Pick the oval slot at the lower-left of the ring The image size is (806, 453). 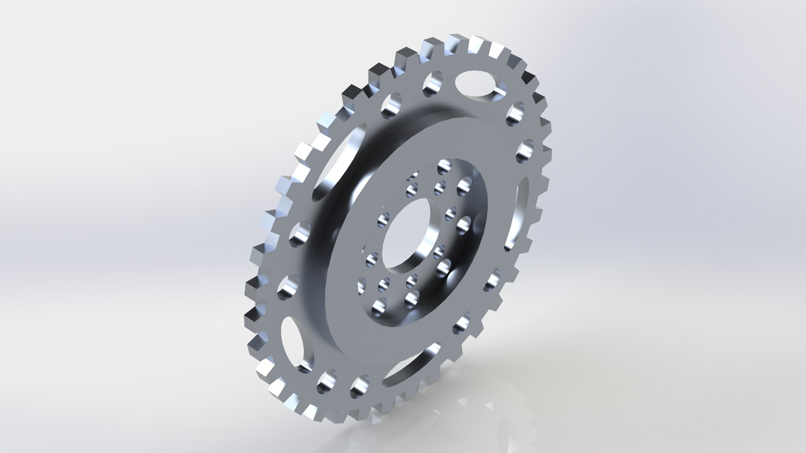[291, 339]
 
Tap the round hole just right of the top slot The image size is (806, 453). [515, 113]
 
